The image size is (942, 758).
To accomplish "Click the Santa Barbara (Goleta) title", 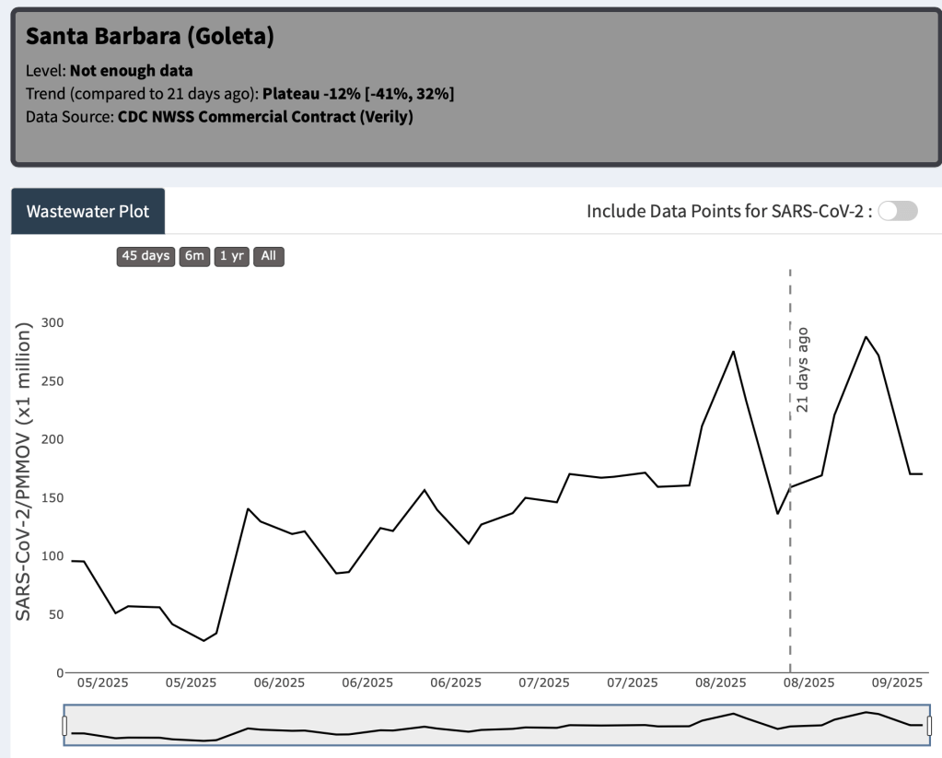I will tap(150, 37).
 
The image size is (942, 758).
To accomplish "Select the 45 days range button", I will tap(146, 256).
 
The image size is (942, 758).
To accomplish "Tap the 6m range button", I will tap(194, 256).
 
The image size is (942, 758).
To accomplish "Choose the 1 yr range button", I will tap(231, 256).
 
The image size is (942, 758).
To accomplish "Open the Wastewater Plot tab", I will tap(87, 211).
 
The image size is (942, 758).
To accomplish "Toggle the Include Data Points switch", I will tap(898, 211).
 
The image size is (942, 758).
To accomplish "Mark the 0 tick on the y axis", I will tap(60, 673).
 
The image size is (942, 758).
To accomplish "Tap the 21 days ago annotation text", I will tap(802, 368).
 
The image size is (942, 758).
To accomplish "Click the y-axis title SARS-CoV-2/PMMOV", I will tap(25, 470).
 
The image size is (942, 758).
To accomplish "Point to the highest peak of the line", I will tap(866, 337).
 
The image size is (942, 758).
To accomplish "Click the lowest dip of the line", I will tap(204, 640).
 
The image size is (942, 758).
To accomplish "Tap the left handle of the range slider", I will tap(64, 727).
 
